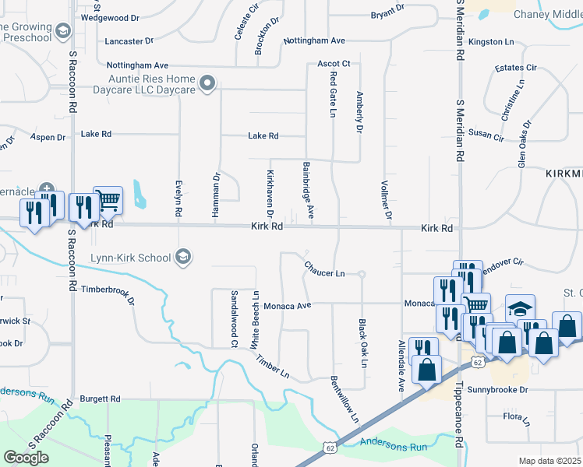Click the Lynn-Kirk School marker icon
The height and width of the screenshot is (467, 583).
click(183, 258)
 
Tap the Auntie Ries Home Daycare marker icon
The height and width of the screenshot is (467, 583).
click(207, 83)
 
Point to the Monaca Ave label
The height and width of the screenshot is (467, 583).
click(287, 306)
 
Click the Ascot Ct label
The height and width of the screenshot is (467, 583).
click(334, 64)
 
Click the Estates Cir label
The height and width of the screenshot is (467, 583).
click(516, 68)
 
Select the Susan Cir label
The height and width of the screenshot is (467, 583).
click(486, 135)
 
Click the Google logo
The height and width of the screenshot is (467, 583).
click(26, 458)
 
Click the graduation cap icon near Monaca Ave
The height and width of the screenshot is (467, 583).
click(520, 308)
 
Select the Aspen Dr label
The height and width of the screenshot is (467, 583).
click(48, 138)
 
